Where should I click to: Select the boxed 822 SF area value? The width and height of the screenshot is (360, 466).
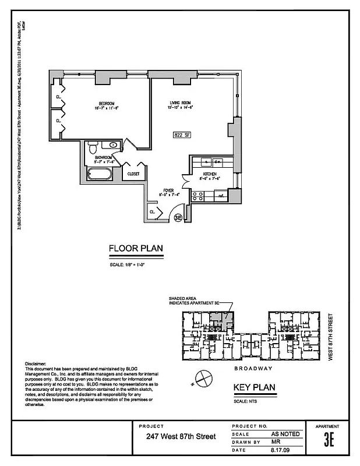tap(182, 135)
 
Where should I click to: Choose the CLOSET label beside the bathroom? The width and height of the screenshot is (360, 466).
tap(134, 174)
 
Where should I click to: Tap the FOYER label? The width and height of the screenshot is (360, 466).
tap(169, 190)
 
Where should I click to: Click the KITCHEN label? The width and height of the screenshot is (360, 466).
tap(209, 174)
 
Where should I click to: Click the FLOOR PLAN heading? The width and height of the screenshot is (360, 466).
tap(136, 249)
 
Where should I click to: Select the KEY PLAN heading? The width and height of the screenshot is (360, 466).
tap(254, 388)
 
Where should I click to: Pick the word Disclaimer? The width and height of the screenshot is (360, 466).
tap(36, 363)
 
